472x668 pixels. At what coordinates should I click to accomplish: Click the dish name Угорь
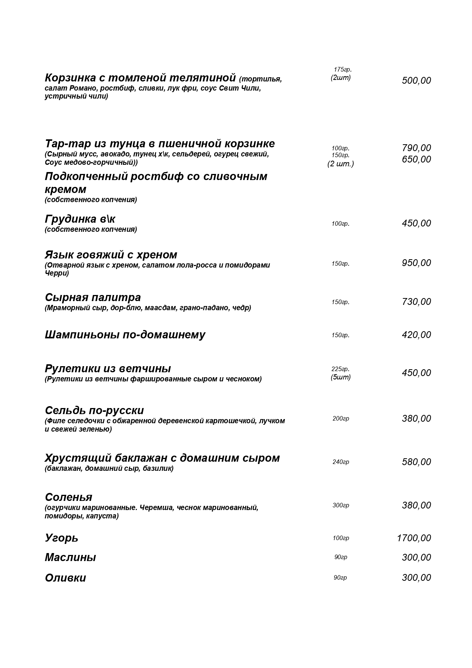62,538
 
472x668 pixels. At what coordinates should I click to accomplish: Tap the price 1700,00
414,538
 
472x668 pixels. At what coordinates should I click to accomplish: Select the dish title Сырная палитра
93,297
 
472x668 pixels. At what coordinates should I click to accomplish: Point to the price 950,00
416,263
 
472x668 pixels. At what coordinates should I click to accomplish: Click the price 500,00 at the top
416,81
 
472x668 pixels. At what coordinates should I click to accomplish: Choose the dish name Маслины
70,558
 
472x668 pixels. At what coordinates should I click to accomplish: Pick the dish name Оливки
65,578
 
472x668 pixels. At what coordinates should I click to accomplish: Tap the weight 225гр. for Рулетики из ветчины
340,369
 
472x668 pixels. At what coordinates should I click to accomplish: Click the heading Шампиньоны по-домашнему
125,335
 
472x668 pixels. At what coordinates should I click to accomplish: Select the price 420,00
416,335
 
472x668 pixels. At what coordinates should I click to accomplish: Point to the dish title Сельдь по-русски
94,411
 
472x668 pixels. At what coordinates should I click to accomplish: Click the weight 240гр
341,462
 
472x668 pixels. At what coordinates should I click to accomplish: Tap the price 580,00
416,462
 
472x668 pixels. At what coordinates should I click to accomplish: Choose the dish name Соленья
68,497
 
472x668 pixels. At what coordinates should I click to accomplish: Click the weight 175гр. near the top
343,69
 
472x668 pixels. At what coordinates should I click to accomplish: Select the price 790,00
416,148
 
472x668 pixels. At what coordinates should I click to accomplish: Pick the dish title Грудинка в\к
80,219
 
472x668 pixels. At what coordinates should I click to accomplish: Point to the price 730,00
416,302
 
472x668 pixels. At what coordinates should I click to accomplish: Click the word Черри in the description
57,273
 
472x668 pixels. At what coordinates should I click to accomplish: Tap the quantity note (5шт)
341,377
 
